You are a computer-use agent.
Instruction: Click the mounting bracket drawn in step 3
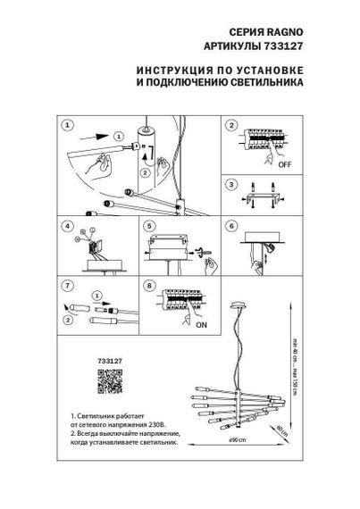pos(265,194)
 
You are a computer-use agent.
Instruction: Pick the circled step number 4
pos(67,227)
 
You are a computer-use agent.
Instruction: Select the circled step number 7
pos(67,287)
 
